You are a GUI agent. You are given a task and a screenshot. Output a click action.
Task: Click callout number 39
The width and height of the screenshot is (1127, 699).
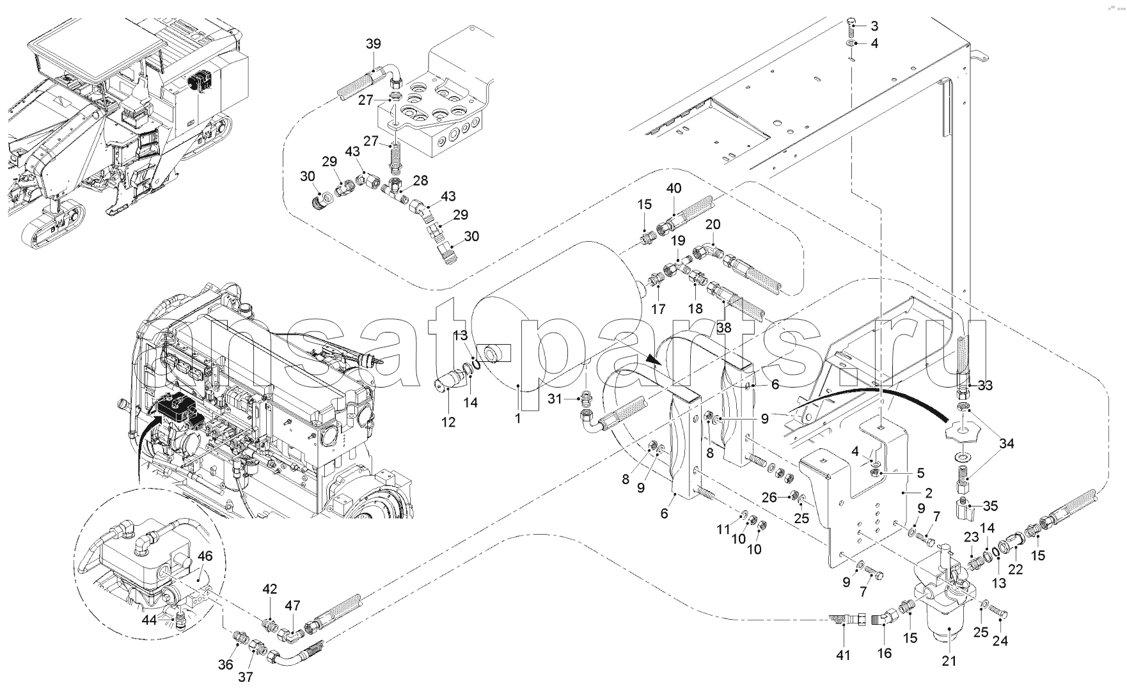[373, 43]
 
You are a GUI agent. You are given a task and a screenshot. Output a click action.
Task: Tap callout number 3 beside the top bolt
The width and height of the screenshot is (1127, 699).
[874, 26]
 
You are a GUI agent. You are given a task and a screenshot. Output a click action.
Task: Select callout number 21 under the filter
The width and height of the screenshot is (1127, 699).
[949, 661]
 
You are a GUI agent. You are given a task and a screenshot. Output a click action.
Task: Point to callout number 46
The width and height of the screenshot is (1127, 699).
[204, 556]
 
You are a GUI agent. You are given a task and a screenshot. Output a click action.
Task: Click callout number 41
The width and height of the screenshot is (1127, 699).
[844, 655]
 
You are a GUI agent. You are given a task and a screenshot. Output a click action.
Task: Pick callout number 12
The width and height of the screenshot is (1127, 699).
[449, 422]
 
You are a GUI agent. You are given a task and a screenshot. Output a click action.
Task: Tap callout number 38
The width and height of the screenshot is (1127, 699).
[723, 327]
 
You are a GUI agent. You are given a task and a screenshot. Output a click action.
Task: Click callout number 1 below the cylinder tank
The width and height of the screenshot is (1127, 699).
[518, 418]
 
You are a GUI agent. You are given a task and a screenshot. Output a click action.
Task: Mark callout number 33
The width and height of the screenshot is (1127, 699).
[986, 385]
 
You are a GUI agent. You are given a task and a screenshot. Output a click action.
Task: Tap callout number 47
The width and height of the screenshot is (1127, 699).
[292, 606]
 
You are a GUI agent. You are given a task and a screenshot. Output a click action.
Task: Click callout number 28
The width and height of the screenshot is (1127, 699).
[420, 181]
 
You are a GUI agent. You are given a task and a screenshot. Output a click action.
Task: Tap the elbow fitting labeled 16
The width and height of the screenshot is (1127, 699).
[883, 618]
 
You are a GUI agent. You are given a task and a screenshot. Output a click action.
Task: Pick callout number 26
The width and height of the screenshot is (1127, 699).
[769, 496]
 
